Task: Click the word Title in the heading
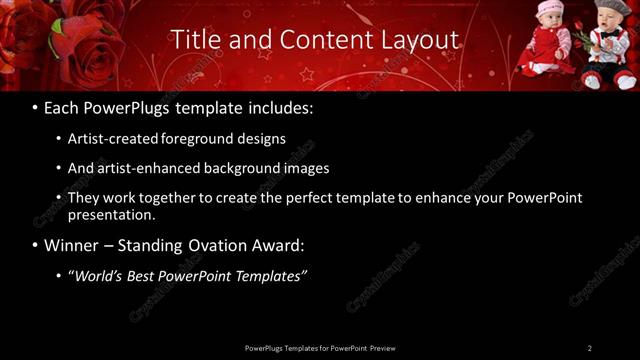click(x=195, y=40)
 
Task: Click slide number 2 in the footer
click(x=590, y=348)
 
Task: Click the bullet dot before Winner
click(x=36, y=245)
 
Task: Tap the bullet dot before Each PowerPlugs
click(x=36, y=105)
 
